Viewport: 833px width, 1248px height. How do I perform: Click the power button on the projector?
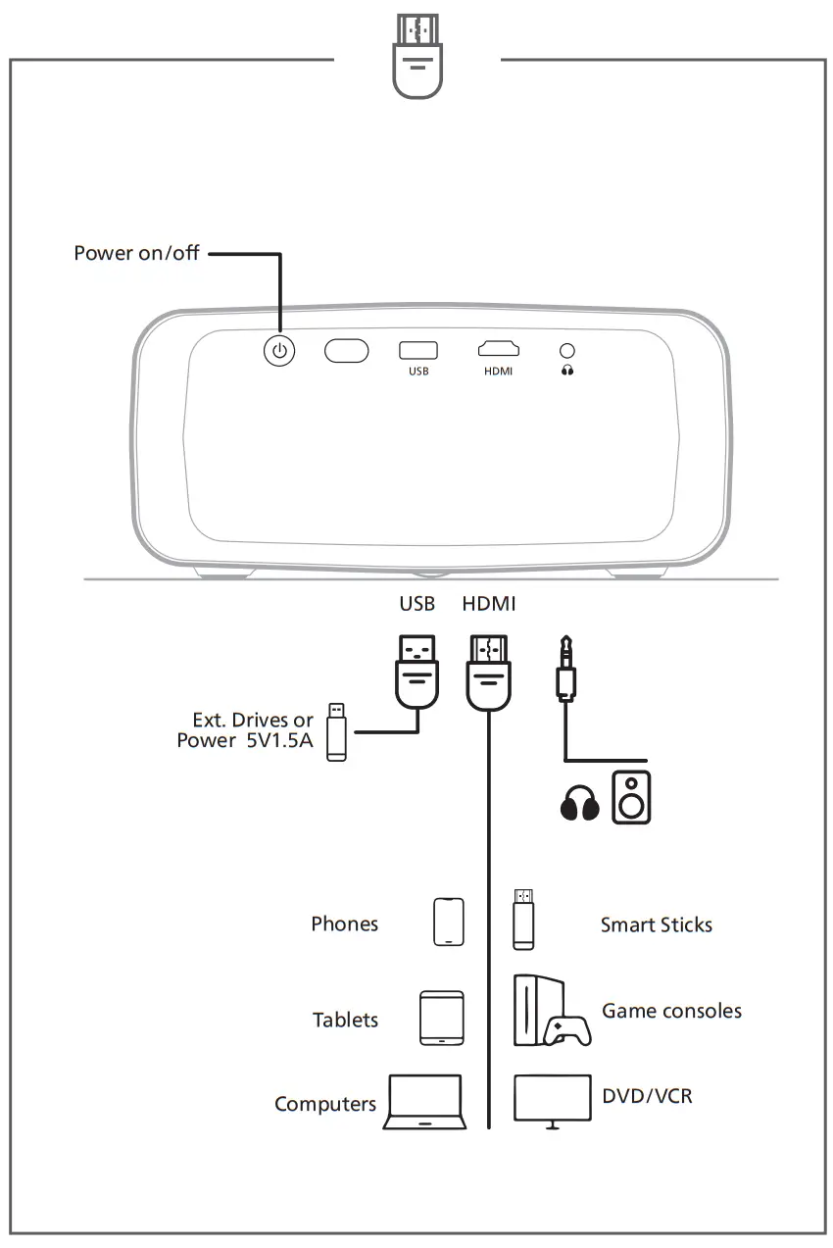280,351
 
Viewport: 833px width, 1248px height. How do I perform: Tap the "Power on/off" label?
136,253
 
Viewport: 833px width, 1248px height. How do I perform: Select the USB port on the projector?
418,350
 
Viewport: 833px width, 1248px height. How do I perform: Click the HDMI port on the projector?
499,349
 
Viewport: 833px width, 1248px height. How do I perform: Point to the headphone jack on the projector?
567,350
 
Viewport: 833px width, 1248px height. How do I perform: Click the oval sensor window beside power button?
346,351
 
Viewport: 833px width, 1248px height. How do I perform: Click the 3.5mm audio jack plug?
565,670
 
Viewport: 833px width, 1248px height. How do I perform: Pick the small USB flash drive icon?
336,731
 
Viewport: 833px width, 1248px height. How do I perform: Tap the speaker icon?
631,797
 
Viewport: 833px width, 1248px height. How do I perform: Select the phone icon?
449,922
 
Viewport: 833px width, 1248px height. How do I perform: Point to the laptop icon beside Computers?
422,1103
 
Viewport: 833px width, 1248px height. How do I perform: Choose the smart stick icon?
525,919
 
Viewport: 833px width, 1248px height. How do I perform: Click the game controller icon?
566,1029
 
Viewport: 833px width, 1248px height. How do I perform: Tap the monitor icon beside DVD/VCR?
554,1101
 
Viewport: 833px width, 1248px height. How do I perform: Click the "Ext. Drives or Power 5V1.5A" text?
246,730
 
